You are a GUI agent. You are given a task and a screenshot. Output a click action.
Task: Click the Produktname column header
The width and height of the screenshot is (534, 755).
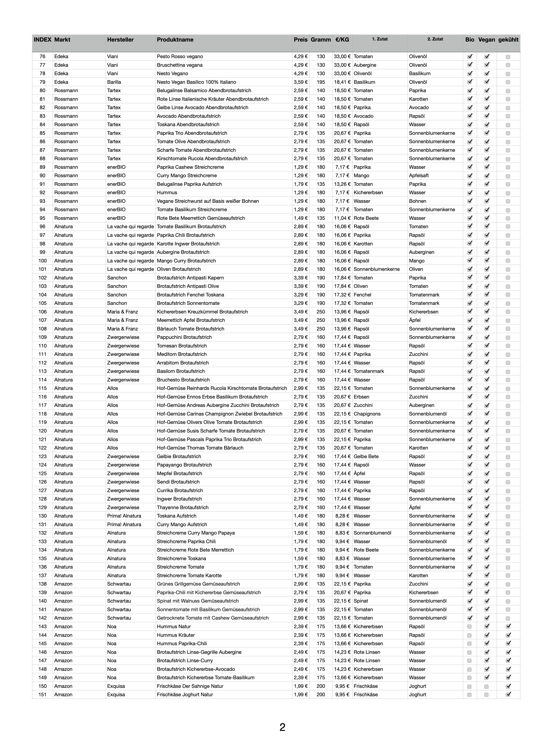coord(175,40)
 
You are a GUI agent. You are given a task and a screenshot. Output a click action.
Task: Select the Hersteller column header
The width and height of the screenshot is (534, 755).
coord(120,40)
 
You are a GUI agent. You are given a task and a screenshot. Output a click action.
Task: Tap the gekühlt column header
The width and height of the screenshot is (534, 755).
coord(508,40)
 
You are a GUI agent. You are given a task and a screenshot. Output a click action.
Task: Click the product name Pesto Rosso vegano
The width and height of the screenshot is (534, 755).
coord(180,57)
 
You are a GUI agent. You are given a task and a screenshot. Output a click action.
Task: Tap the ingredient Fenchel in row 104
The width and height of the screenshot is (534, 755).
coord(362,295)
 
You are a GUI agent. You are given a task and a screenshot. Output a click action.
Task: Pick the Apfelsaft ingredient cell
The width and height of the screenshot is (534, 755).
coord(419,176)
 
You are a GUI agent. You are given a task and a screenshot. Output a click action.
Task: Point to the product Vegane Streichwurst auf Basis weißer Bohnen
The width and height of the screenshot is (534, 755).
coord(208,201)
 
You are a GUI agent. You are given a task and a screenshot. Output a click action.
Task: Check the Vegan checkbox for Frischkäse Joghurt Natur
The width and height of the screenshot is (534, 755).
coord(486,695)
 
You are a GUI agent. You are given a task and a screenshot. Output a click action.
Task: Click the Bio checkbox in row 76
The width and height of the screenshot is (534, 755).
coord(470,57)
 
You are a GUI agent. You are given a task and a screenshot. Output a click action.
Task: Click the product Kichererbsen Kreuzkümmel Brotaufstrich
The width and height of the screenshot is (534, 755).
coord(202,312)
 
